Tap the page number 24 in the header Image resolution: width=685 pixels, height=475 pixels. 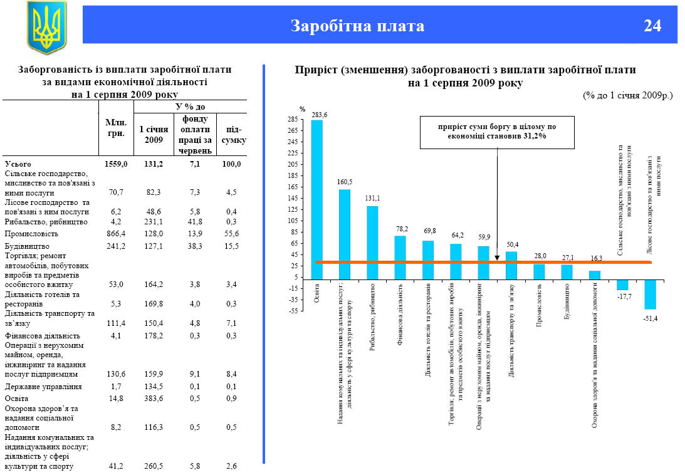coord(652,26)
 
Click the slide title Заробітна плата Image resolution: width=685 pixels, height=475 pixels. coord(357,26)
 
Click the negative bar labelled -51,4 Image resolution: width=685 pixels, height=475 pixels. coord(650,294)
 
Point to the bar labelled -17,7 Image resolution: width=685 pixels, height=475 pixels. coord(622,284)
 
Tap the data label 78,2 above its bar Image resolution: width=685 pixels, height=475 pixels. coord(400,229)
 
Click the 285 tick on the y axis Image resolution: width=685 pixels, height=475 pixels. coord(291,119)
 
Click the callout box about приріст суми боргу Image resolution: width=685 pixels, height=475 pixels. coord(497,132)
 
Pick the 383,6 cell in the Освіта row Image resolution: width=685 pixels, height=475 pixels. coord(154,399)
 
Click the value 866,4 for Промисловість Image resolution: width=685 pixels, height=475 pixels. coord(117,233)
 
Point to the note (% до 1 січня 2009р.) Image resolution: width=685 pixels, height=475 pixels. coord(627,95)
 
